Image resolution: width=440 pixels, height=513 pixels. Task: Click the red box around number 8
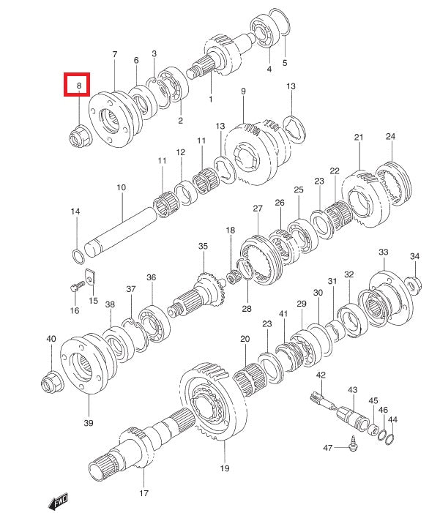pos(77,84)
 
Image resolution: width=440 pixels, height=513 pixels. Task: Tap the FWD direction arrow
pos(58,501)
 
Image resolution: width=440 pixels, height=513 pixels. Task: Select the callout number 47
pos(328,448)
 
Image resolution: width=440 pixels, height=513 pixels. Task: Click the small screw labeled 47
pos(353,443)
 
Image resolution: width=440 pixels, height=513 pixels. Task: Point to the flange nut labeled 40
pos(52,382)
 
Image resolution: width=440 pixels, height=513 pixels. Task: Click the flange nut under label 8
pos(81,136)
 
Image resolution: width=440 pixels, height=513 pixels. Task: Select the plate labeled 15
pos(90,277)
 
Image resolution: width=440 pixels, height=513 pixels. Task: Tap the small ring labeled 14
pos(78,256)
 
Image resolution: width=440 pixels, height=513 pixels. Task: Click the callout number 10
pos(121,187)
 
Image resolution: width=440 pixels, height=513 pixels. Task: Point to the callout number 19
pos(225,468)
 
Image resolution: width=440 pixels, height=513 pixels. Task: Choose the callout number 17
pos(144,493)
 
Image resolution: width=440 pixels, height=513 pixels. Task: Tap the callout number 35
pos(203,246)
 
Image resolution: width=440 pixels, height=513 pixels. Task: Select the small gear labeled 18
pos(234,278)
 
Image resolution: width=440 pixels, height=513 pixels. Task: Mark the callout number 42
pos(321,375)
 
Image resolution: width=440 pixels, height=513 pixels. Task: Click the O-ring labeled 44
pos(389,438)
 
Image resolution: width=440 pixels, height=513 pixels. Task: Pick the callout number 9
pos(243,91)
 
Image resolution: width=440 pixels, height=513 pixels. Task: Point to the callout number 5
pos(285,62)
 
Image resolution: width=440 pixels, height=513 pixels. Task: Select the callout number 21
pos(359,137)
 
